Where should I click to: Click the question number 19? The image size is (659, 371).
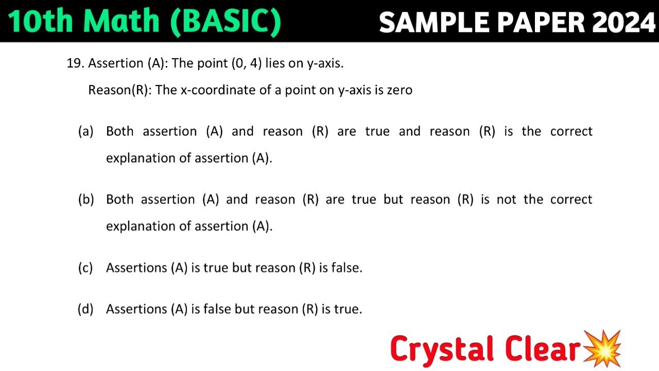75,63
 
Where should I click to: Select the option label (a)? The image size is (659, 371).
86,131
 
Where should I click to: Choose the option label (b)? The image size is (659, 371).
86,199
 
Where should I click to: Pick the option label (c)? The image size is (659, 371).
85,268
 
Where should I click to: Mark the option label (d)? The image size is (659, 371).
85,309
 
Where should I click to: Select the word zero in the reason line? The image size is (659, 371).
400,90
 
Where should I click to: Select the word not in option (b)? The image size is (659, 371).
507,199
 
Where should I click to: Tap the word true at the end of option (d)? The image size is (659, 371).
349,309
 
